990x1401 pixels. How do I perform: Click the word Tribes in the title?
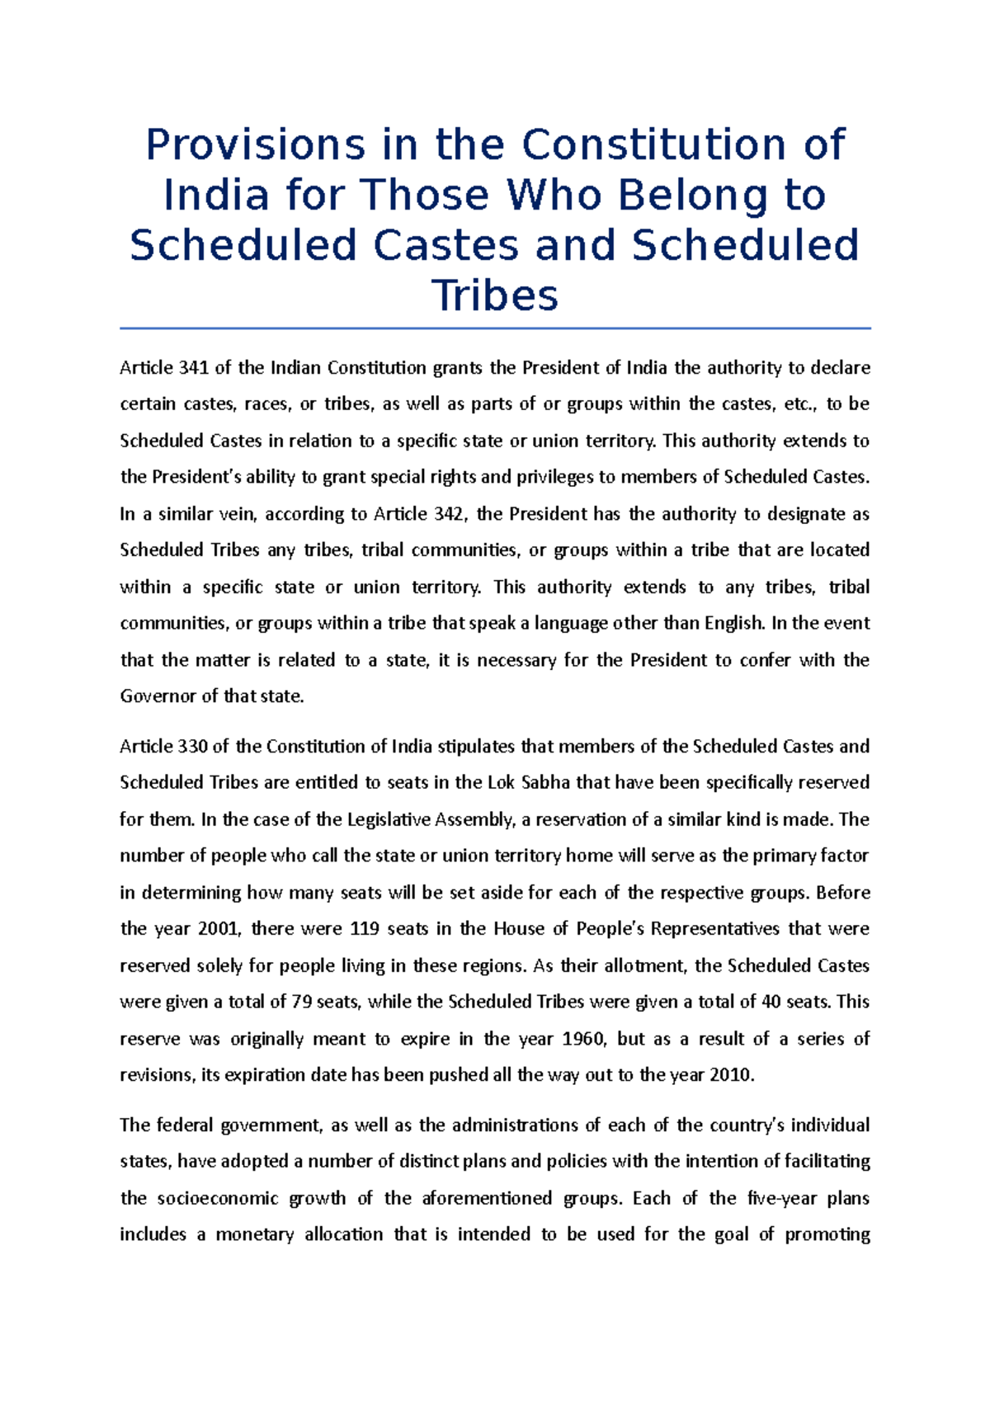(495, 295)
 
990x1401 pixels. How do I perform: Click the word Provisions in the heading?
(255, 145)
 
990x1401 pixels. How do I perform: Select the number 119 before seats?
(365, 929)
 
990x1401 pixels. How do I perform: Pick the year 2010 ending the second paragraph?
(733, 1075)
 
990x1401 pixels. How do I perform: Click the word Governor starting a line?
(158, 696)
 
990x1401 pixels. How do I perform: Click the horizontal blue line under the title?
(495, 328)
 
